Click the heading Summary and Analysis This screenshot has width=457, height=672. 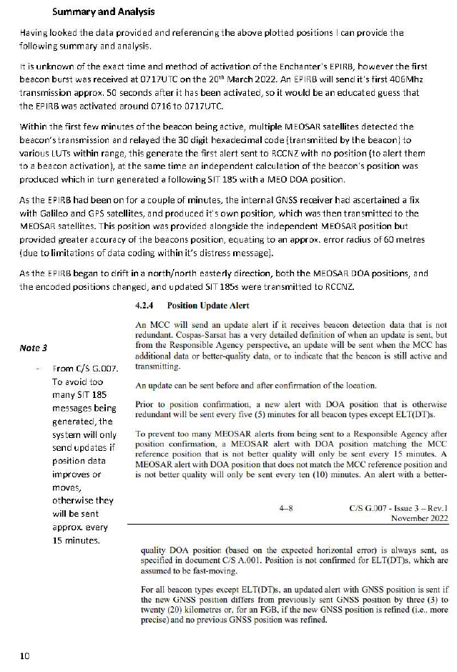pos(104,12)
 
